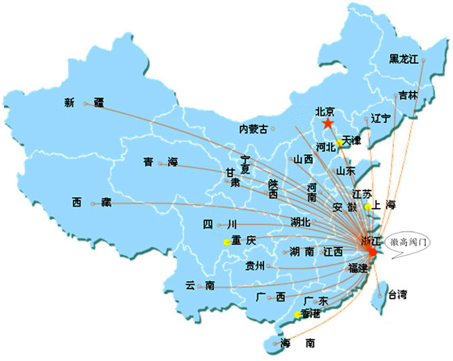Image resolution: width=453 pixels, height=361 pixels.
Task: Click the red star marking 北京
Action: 327,123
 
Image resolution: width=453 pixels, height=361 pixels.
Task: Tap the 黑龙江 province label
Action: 403,59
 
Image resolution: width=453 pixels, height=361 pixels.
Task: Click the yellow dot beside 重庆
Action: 227,242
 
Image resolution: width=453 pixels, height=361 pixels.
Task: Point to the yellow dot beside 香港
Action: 297,314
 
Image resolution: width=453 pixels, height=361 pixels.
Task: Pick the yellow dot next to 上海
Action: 367,207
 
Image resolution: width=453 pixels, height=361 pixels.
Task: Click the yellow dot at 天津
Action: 340,143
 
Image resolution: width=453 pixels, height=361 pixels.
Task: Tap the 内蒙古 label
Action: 252,129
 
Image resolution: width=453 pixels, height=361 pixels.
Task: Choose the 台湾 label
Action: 397,295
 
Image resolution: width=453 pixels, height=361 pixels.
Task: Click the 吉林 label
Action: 408,96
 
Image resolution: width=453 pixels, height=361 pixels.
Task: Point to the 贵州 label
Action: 255,265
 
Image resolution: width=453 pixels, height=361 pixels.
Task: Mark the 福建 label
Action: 358,267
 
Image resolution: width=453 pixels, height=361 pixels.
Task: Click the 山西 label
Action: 303,160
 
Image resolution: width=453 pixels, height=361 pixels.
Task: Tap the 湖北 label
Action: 300,222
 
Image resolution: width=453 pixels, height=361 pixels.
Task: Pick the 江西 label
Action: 333,252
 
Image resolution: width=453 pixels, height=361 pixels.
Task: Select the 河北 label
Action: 326,146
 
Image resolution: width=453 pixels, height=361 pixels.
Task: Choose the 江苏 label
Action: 362,195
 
